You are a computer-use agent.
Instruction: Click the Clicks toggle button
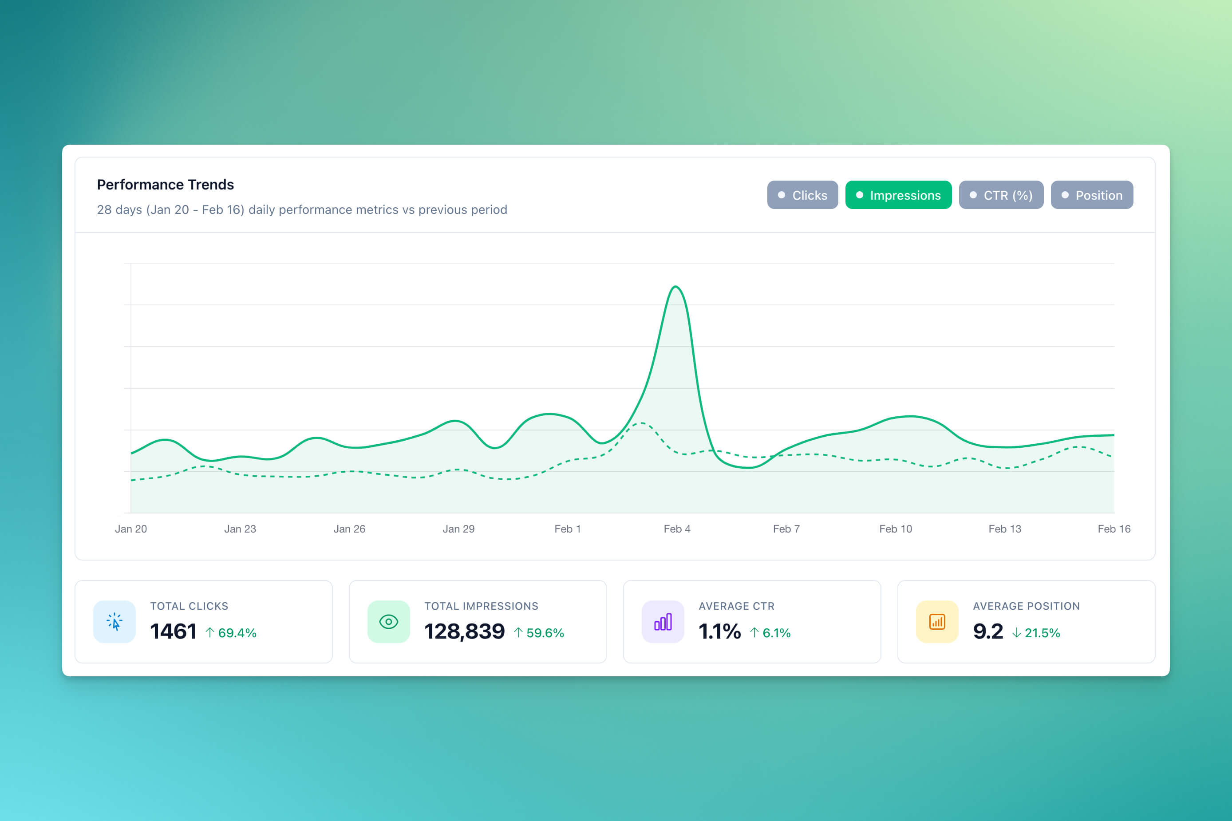click(802, 195)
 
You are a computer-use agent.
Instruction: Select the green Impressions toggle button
click(898, 195)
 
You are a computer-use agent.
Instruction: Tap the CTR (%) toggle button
click(1001, 195)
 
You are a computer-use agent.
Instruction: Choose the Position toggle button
click(1092, 195)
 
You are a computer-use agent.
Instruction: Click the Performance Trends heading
click(166, 185)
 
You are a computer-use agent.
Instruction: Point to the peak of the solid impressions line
click(675, 287)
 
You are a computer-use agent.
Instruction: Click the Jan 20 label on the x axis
click(131, 529)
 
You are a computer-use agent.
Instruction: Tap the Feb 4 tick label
click(677, 529)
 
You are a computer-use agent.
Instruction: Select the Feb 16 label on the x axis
click(1114, 529)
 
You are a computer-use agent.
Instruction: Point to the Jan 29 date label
click(458, 529)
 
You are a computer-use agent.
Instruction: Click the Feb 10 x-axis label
click(895, 529)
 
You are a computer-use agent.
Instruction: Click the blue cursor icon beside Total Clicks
click(115, 621)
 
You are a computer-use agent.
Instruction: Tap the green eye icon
click(388, 621)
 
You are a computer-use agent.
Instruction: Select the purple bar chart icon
click(663, 621)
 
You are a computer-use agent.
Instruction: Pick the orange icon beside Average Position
click(937, 621)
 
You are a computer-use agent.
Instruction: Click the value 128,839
click(464, 632)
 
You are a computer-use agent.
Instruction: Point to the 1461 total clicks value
click(174, 632)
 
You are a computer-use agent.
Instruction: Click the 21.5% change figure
click(1042, 633)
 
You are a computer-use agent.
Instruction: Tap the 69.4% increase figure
click(237, 633)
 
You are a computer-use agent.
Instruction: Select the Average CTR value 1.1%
click(719, 632)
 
